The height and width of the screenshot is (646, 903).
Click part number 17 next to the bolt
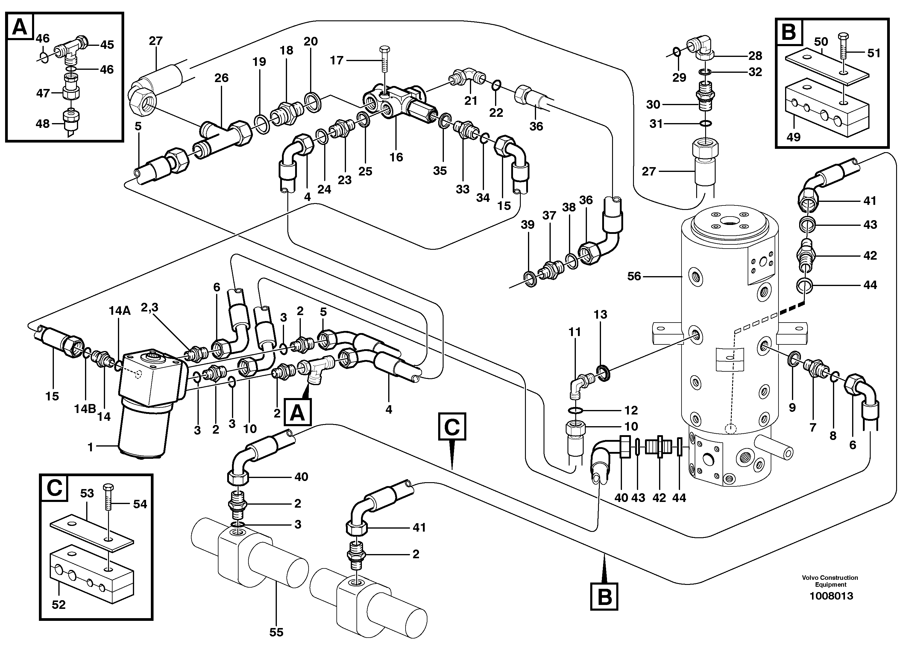337,60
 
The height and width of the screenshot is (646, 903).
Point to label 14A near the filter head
120,311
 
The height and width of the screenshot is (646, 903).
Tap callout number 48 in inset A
43,124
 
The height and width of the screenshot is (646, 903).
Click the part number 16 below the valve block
396,157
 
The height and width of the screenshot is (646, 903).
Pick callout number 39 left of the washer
527,224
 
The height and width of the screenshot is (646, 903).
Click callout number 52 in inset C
58,605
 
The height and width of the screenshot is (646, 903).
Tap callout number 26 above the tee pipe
221,78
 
